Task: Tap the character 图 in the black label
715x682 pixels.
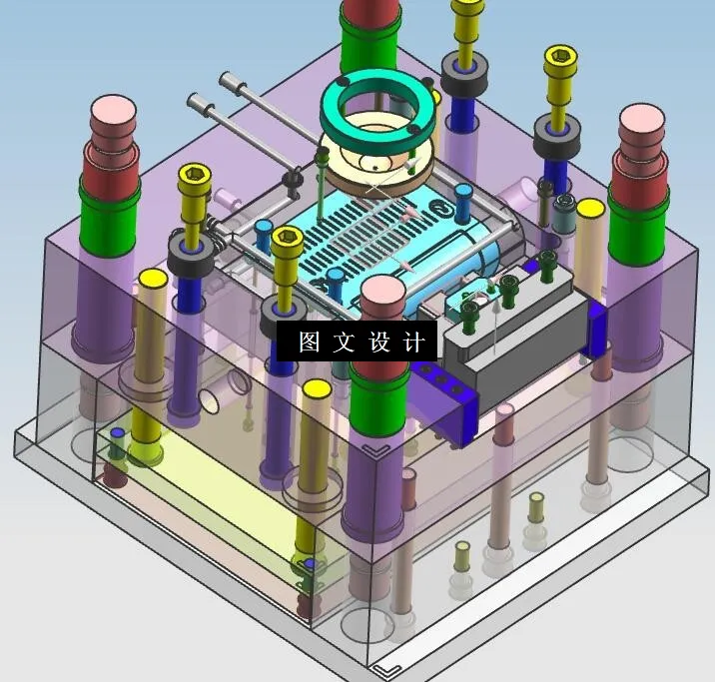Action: (x=310, y=342)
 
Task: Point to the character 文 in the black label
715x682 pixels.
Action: (x=345, y=342)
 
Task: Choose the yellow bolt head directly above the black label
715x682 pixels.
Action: (x=288, y=237)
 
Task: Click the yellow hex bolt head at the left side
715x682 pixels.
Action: (x=194, y=177)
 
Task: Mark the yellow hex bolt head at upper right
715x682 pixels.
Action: (x=560, y=57)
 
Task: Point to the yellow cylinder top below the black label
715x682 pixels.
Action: (x=317, y=388)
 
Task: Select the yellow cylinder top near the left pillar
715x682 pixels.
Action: (x=153, y=277)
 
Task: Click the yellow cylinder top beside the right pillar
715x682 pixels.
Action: (x=590, y=209)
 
